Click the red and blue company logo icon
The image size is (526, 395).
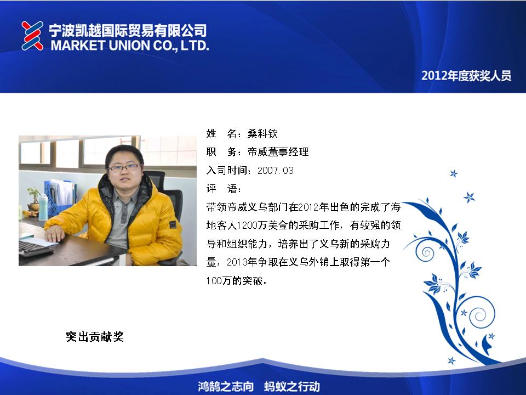tap(32, 36)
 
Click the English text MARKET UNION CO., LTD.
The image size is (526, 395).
tap(130, 46)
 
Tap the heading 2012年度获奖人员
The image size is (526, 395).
tap(466, 76)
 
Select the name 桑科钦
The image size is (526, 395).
tap(262, 134)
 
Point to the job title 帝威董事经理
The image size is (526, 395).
tap(278, 152)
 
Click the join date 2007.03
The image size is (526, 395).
tap(276, 170)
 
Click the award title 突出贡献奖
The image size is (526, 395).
tap(95, 336)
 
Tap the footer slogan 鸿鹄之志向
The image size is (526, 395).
tap(226, 386)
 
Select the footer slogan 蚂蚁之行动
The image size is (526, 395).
tap(292, 386)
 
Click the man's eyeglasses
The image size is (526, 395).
tap(125, 167)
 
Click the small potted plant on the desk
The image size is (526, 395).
tap(33, 200)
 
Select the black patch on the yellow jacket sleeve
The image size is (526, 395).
tap(173, 224)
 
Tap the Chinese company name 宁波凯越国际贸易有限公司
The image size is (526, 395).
tap(128, 30)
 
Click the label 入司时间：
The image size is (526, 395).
tap(230, 170)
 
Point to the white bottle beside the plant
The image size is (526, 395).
tap(43, 207)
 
